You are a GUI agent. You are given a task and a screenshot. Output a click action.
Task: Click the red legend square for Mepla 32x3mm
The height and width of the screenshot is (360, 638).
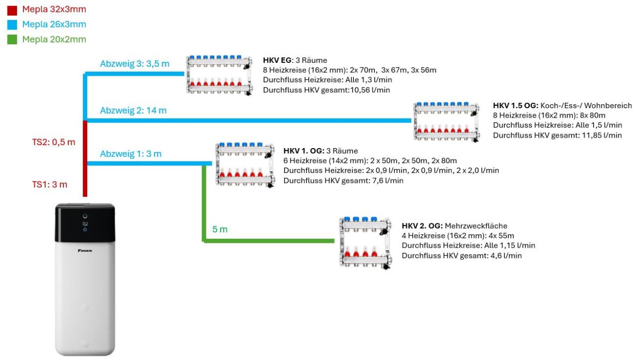(x=12, y=9)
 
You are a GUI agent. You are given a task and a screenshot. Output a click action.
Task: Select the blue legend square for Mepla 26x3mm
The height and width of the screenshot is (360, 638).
(x=12, y=24)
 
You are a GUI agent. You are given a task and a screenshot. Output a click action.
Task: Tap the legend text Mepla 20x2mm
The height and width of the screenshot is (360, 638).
(x=54, y=39)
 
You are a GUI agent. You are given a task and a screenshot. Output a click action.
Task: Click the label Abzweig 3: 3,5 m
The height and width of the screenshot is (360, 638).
(x=135, y=64)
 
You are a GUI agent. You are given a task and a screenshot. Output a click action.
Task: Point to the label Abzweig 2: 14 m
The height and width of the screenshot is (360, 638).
(x=133, y=110)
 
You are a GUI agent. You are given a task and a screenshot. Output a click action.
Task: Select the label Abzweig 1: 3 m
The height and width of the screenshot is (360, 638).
(x=131, y=154)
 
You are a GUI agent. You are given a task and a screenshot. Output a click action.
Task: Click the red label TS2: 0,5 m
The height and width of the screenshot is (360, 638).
(x=54, y=142)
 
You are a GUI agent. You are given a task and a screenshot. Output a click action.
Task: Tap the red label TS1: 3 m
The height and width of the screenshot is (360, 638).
(x=50, y=184)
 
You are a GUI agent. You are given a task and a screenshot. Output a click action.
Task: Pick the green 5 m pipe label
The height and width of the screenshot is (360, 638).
(x=220, y=229)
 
